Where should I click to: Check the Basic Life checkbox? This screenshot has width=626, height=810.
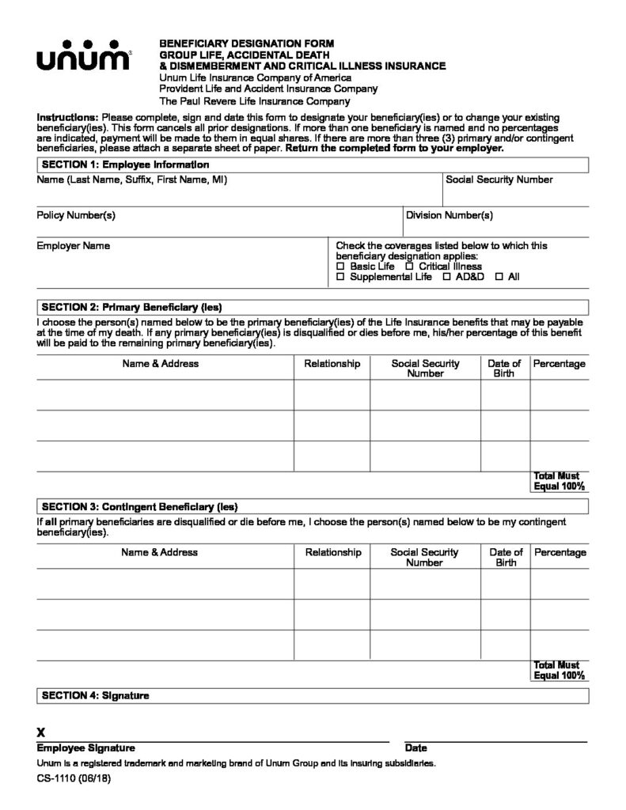tap(341, 267)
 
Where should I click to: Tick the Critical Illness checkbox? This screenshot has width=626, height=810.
tap(409, 267)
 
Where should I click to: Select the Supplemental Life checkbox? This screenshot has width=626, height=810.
tap(341, 278)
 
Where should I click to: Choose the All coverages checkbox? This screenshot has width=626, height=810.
tap(499, 278)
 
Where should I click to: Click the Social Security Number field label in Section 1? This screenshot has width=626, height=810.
tap(499, 180)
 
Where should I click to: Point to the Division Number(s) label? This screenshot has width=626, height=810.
tap(449, 215)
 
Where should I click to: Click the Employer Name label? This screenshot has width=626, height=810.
tap(74, 246)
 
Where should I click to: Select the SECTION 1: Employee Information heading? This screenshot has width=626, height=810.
tap(125, 165)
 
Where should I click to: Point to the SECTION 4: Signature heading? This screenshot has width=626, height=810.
tap(95, 696)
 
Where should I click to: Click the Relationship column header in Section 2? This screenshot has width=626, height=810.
tap(332, 364)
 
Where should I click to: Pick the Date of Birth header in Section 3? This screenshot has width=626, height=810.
tap(506, 558)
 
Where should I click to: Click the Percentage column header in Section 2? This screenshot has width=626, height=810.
tap(560, 364)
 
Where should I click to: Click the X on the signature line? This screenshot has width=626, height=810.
tap(41, 732)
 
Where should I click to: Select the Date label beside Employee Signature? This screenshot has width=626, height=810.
tap(415, 748)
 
